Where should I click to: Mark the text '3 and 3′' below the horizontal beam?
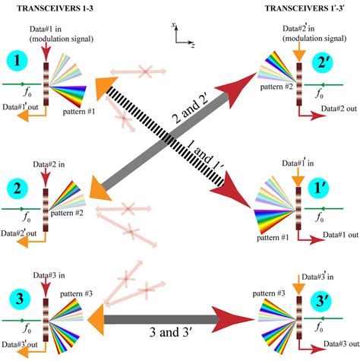tap(181, 332)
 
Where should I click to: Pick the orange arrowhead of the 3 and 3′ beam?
tap(93, 315)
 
